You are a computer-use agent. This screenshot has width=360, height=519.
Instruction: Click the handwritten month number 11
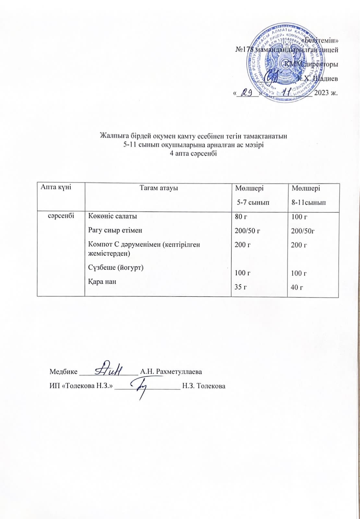click(x=287, y=92)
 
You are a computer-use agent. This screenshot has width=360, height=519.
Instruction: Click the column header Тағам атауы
click(x=159, y=187)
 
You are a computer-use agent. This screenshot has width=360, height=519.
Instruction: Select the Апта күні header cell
click(x=56, y=187)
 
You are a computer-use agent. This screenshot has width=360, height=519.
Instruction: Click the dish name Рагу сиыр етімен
click(x=115, y=230)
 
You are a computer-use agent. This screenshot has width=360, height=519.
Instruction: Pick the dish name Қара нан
click(x=102, y=282)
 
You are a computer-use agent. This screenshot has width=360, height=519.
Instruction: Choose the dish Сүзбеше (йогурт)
click(x=116, y=267)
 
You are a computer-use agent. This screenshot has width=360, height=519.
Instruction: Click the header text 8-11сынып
click(x=308, y=203)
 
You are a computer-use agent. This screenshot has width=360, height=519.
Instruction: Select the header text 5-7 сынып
click(x=253, y=203)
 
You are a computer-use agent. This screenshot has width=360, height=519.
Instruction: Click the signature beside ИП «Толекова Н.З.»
click(x=141, y=388)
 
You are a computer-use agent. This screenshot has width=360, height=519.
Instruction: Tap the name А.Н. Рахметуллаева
click(x=171, y=372)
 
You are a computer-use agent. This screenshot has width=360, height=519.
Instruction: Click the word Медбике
click(x=63, y=372)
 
